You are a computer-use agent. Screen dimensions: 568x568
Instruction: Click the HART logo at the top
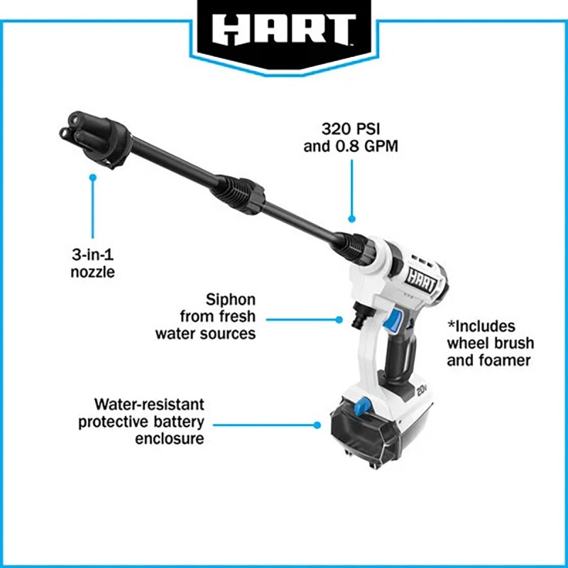tap(284, 30)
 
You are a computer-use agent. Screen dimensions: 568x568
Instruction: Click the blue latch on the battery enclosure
tap(363, 406)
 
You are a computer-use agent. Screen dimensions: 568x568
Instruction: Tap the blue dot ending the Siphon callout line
tap(339, 319)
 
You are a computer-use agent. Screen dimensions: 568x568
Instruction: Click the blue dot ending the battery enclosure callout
tap(317, 425)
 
